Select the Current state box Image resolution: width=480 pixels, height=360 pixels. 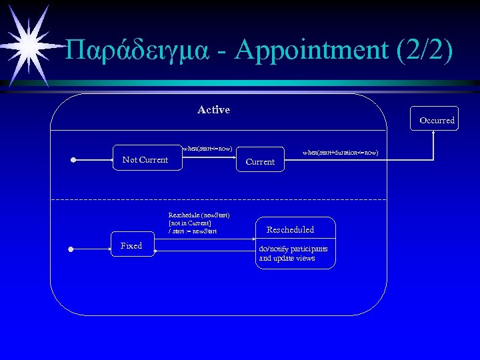tap(260, 159)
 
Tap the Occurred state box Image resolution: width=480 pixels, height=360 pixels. tap(437, 119)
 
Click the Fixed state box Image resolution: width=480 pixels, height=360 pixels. tap(131, 245)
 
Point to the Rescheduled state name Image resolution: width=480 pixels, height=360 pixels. tap(290, 229)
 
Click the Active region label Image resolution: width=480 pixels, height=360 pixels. tap(213, 110)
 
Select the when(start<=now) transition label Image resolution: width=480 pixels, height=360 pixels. tap(207, 148)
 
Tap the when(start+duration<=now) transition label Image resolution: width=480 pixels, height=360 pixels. tap(340, 153)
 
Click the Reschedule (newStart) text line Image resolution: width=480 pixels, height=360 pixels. tap(199, 215)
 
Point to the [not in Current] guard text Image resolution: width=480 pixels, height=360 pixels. tap(190, 223)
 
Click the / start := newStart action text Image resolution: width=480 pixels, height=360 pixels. tap(193, 231)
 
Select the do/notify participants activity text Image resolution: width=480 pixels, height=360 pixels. tap(293, 249)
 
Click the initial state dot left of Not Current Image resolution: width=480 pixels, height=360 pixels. tap(74, 160)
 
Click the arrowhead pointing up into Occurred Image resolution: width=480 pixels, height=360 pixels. tap(434, 132)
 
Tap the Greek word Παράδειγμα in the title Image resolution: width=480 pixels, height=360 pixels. tap(141, 51)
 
